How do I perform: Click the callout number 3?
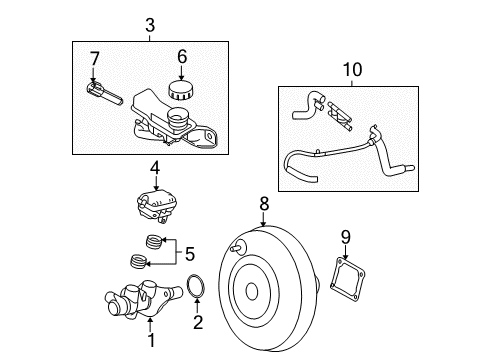(x=150, y=25)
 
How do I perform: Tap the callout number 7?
(x=95, y=59)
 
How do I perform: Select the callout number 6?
(x=182, y=57)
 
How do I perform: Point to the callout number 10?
(x=352, y=70)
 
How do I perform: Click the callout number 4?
(x=155, y=169)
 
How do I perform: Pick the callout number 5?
(x=190, y=254)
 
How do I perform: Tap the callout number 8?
(x=264, y=204)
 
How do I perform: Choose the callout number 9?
(x=346, y=238)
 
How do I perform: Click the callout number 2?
(x=198, y=322)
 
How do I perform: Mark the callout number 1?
(x=151, y=340)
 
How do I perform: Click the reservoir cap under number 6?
(x=181, y=90)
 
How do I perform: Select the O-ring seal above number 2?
(x=196, y=286)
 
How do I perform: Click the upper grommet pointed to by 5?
(x=154, y=241)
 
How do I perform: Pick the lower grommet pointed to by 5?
(x=137, y=261)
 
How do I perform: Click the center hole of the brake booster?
(x=252, y=291)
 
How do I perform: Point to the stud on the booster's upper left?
(x=237, y=248)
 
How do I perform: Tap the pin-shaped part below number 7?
(x=103, y=93)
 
